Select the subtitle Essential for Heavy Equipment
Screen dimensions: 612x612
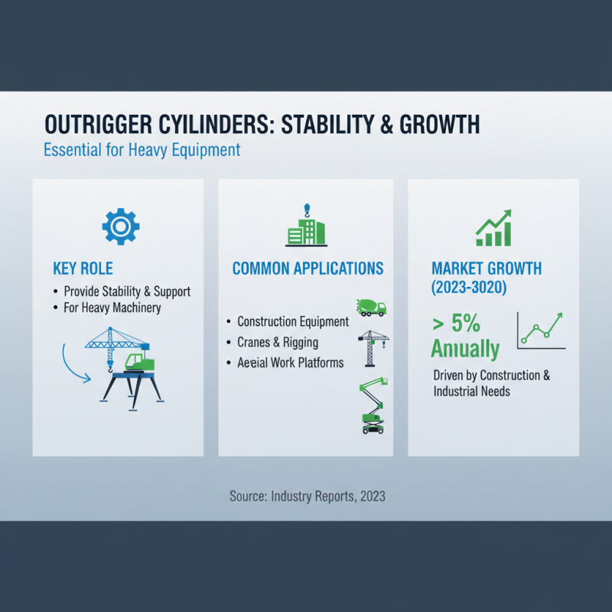142,148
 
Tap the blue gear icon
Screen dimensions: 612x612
120,226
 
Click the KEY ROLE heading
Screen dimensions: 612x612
83,269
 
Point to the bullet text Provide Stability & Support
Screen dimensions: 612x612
127,291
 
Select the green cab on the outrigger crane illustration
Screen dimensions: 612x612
139,362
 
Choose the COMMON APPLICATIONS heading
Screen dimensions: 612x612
308,269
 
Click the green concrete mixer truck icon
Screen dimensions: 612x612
372,307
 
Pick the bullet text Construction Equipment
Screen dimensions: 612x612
293,322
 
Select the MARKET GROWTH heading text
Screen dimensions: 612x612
487,269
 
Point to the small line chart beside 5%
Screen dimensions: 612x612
541,330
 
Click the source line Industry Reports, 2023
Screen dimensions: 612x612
307,496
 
